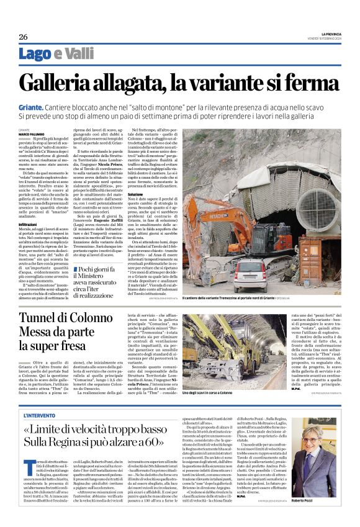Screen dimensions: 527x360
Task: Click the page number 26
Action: (x=24, y=37)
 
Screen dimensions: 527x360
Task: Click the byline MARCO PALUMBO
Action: (x=31, y=134)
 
